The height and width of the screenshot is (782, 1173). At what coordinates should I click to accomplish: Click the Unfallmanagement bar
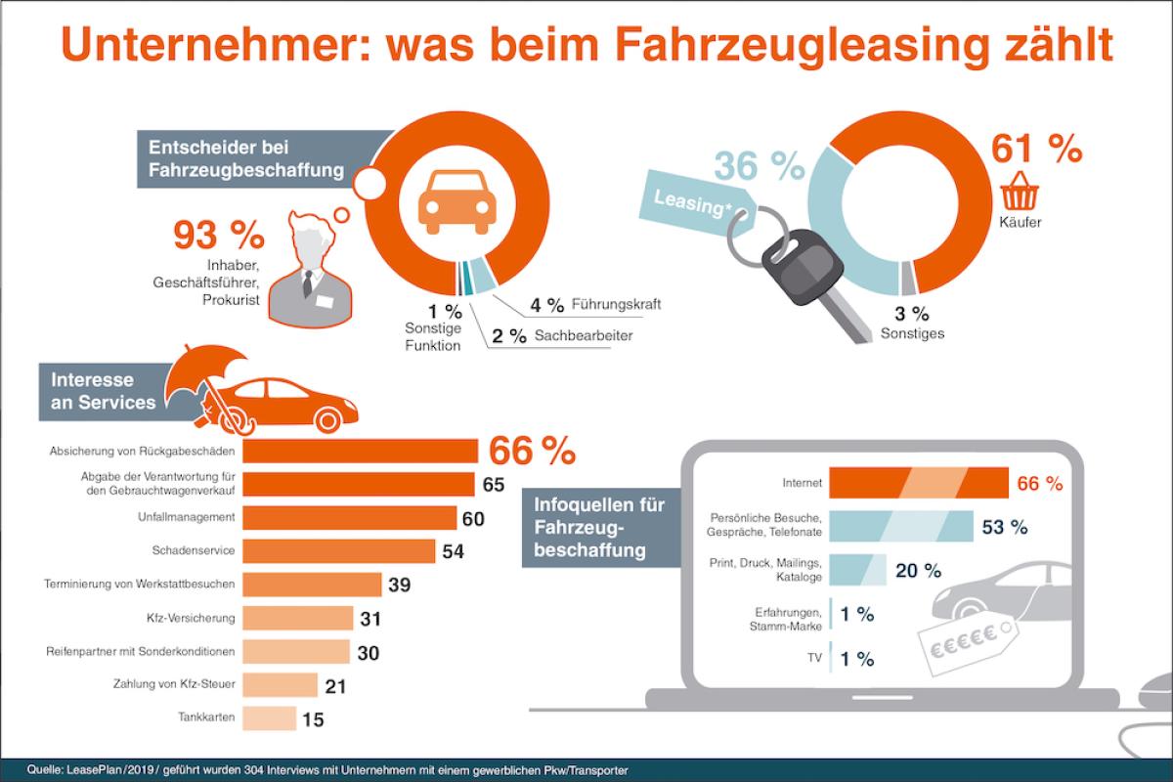pos(350,517)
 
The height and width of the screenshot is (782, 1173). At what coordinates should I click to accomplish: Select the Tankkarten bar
pos(269,719)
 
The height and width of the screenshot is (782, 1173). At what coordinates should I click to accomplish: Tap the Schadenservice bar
pos(338,551)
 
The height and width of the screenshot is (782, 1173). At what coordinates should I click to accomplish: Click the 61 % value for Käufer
pos(1036,149)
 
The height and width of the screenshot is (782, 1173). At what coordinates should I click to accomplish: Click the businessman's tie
pos(307,282)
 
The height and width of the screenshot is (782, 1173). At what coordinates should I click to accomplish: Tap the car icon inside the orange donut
pos(456,201)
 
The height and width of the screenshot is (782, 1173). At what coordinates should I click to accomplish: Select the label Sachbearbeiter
pos(585,336)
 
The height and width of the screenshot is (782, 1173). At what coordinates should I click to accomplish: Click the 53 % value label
pos(1005,527)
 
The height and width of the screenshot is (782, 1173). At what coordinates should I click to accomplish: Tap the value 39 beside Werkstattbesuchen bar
pos(401,585)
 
